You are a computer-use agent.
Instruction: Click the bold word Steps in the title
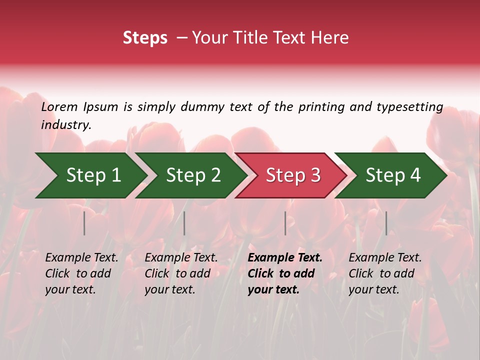145,38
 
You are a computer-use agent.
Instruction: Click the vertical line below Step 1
84,223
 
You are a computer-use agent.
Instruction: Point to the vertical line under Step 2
184,223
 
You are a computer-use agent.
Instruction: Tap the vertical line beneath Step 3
285,223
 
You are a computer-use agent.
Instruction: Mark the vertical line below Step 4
386,223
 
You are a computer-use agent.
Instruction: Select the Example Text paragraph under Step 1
81,273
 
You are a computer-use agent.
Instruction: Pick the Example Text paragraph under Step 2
181,273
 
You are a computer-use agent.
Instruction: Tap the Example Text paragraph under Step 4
385,273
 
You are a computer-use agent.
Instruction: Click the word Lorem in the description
59,107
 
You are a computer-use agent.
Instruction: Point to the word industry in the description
66,125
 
